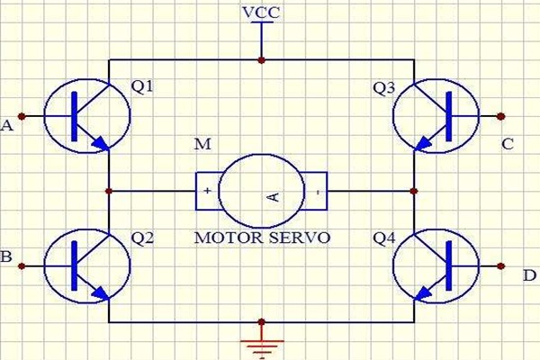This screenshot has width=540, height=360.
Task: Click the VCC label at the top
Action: (x=261, y=13)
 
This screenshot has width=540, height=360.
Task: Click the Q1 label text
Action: (x=142, y=88)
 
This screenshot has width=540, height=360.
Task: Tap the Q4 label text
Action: (x=384, y=239)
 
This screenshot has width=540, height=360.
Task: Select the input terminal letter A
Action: (x=7, y=127)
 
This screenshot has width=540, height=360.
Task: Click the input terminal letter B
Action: (x=6, y=257)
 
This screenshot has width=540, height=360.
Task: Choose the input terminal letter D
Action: (x=528, y=274)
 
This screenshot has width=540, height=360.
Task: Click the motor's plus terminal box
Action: (x=208, y=191)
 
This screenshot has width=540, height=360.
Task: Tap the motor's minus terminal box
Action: (x=317, y=191)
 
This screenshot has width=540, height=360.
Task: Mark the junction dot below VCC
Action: (x=262, y=60)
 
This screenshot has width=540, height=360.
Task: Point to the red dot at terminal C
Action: (x=501, y=116)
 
